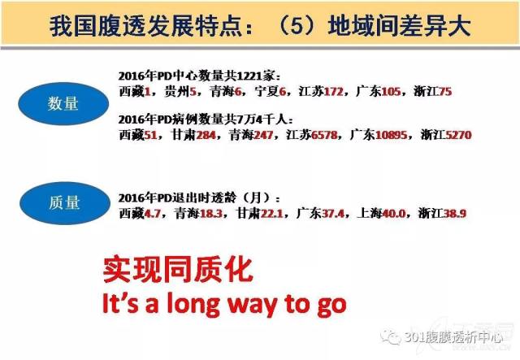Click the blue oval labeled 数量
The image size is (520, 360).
pos(63,103)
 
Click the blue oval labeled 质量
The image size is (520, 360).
pos(65,203)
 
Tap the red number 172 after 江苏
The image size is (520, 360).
pos(333,91)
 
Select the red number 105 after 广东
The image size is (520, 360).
pos(391,91)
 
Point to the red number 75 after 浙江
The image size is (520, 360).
pos(445,91)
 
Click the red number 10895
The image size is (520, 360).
pos(391,135)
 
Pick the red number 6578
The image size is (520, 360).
pos(324,135)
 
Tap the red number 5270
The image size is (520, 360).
pos(458,135)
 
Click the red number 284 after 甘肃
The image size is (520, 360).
pos(206,135)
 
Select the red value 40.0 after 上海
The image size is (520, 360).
pos(393,213)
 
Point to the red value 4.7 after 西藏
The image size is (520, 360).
pos(152,213)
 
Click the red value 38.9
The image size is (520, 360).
pos(455,213)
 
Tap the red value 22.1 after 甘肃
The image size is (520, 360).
pos(271,213)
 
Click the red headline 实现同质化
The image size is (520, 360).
pos(178,270)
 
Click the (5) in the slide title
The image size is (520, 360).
pos(297,25)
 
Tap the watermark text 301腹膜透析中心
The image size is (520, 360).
pos(454,338)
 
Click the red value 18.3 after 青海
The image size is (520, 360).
pos(211,213)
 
